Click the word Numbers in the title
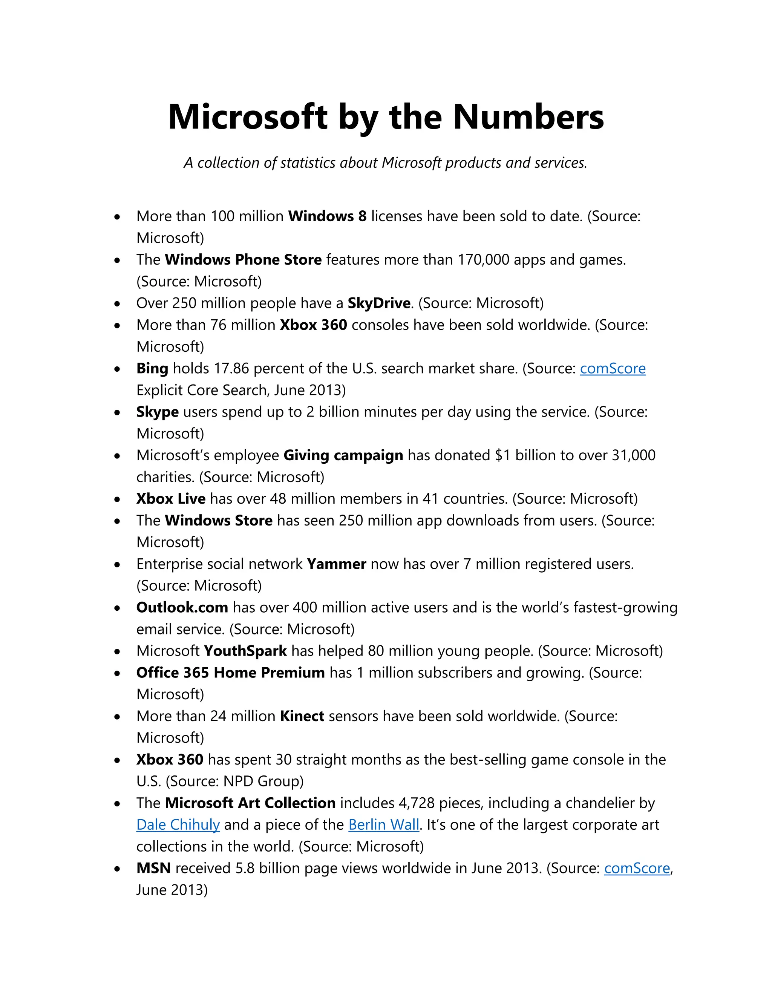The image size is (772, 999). point(528,117)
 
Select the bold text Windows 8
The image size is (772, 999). point(327,216)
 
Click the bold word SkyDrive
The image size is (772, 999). point(379,303)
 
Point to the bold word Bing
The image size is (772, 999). point(152,369)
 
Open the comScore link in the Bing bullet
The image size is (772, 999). point(613,369)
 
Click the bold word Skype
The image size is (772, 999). point(157,412)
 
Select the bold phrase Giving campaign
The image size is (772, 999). point(343,456)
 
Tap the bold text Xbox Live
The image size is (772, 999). point(171,499)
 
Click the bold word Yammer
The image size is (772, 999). point(336,564)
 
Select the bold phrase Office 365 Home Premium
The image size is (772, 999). point(230,673)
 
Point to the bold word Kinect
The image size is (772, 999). point(302,716)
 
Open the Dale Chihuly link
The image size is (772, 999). point(178,825)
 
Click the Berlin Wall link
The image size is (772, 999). point(383,825)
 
